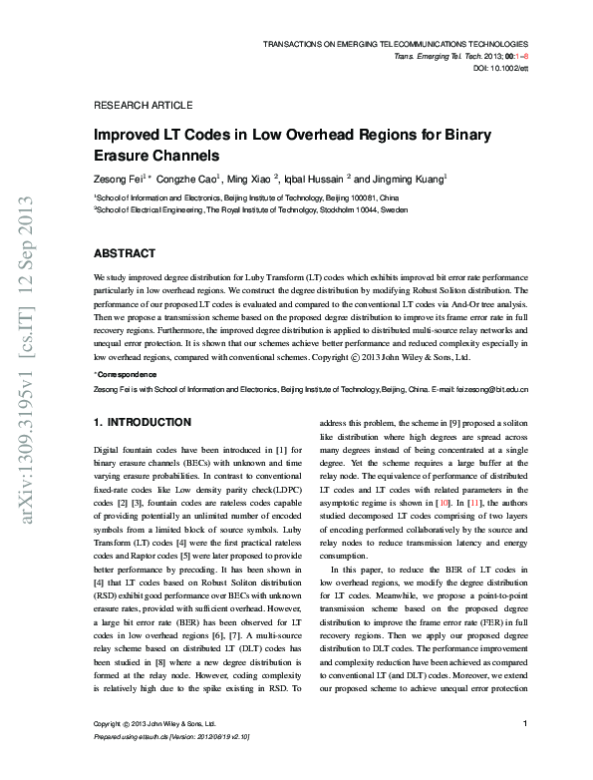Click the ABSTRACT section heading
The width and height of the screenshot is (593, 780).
click(125, 253)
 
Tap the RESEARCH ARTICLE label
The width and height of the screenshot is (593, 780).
click(143, 105)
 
